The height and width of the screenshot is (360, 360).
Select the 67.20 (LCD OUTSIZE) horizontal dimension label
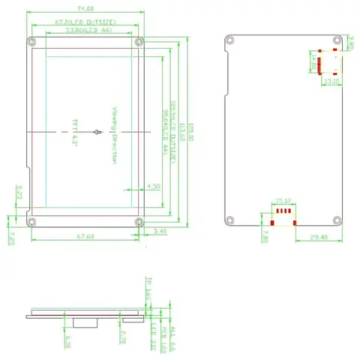[84, 22]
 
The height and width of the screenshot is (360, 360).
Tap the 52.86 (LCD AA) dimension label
[88, 32]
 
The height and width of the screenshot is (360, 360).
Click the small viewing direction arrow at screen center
[96, 133]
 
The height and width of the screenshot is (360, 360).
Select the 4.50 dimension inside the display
[154, 185]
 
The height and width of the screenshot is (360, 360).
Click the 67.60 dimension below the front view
[84, 237]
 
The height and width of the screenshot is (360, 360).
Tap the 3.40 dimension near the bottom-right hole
[160, 232]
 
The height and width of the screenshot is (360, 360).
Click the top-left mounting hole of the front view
[31, 41]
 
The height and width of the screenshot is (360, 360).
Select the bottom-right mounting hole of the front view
[139, 221]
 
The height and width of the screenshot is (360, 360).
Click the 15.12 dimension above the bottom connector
[283, 201]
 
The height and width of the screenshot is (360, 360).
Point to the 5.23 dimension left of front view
[19, 192]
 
